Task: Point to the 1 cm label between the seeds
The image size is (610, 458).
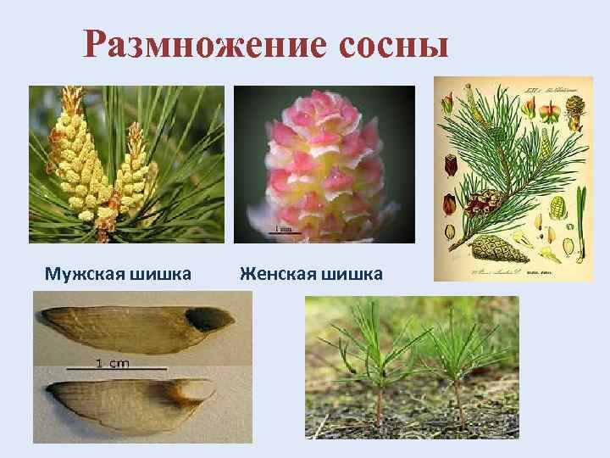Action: coord(112,363)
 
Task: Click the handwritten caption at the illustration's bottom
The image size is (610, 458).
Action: coord(508,271)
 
